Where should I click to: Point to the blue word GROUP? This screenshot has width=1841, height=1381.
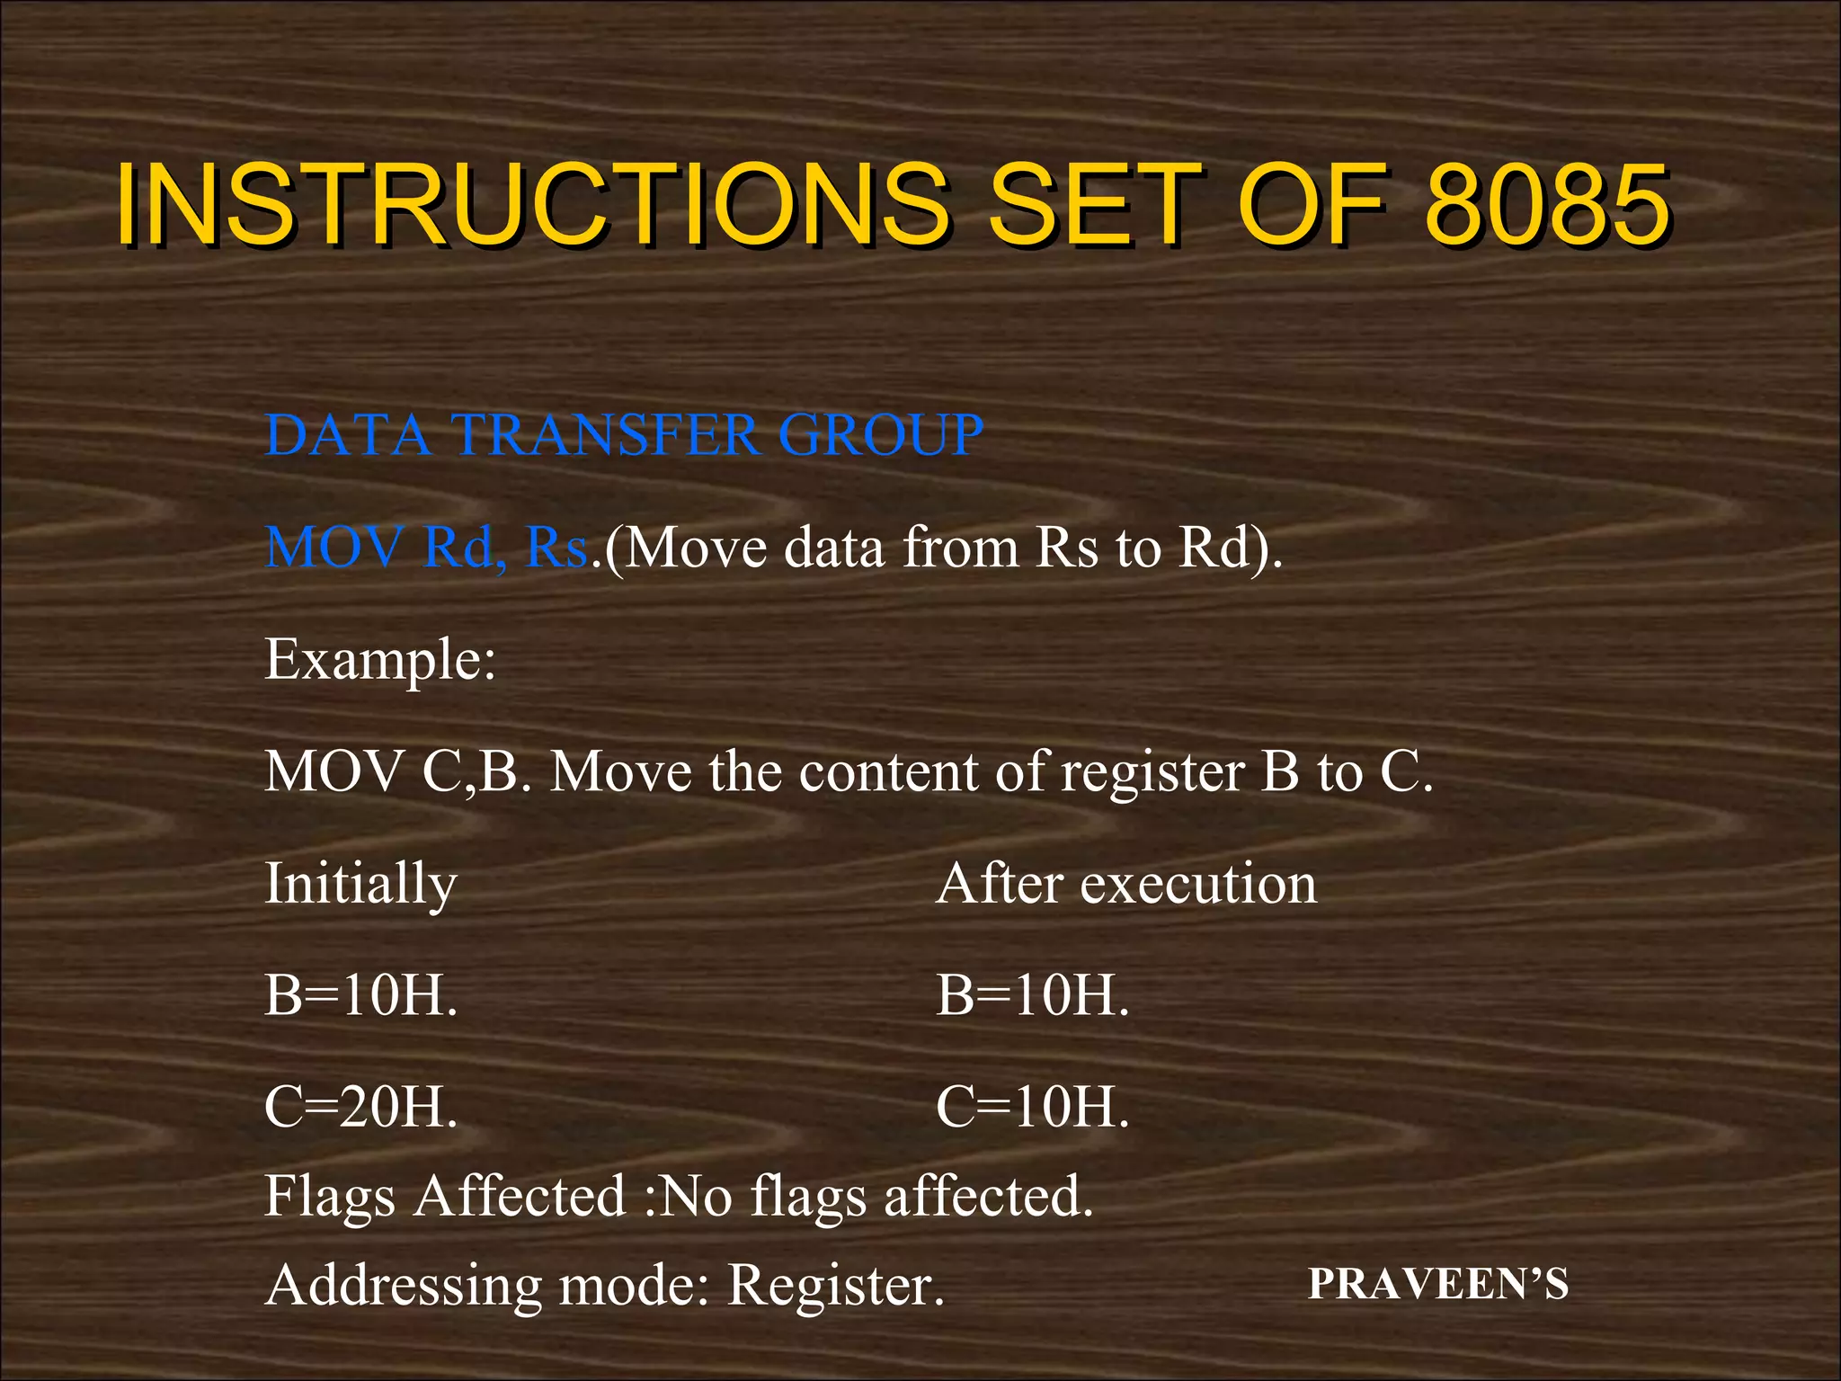pyautogui.click(x=880, y=435)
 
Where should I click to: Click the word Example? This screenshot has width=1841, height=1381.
pyautogui.click(x=380, y=660)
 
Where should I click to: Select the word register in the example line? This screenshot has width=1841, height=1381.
pyautogui.click(x=1152, y=772)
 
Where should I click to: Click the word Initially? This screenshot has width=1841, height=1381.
pyautogui.click(x=360, y=885)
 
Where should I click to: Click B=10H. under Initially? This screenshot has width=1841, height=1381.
pyautogui.click(x=360, y=996)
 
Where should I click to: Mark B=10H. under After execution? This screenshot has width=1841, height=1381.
pyautogui.click(x=1032, y=996)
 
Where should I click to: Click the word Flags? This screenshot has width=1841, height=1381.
pyautogui.click(x=329, y=1197)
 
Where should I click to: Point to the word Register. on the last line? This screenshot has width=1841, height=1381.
pyautogui.click(x=836, y=1285)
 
